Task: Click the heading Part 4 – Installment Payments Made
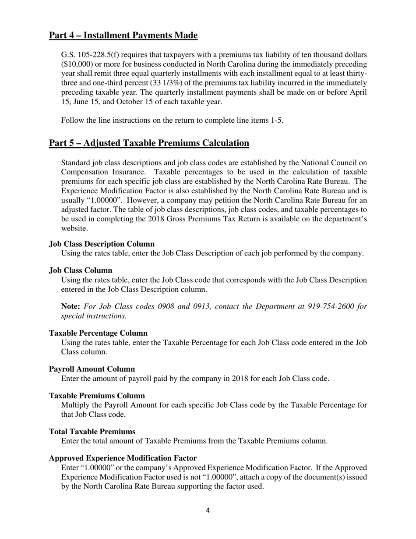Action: (x=123, y=35)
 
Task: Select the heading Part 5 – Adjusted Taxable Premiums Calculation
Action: (x=149, y=143)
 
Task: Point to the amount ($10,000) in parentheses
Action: (x=77, y=64)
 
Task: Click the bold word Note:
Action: (x=71, y=306)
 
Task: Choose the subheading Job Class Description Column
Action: (x=102, y=244)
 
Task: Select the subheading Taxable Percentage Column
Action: (x=98, y=333)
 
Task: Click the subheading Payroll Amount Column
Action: (x=92, y=369)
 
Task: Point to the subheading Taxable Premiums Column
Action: (x=97, y=396)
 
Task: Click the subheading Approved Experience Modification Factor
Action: (x=123, y=458)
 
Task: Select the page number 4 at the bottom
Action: (x=208, y=510)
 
